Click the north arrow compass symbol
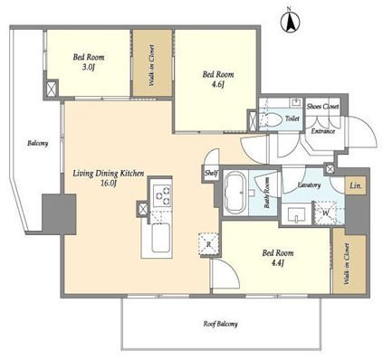(290, 22)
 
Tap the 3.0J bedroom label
(89, 62)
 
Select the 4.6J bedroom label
(218, 79)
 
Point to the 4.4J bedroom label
(278, 258)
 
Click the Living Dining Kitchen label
(109, 178)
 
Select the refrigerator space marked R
(208, 244)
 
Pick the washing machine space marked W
(326, 213)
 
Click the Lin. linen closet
(356, 185)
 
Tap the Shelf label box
(211, 174)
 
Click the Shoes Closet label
(322, 107)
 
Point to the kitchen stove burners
(162, 195)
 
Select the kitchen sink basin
(160, 238)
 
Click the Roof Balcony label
(220, 324)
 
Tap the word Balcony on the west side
(38, 143)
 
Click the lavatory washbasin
(297, 214)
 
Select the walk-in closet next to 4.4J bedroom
(349, 261)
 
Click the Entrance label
(323, 131)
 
